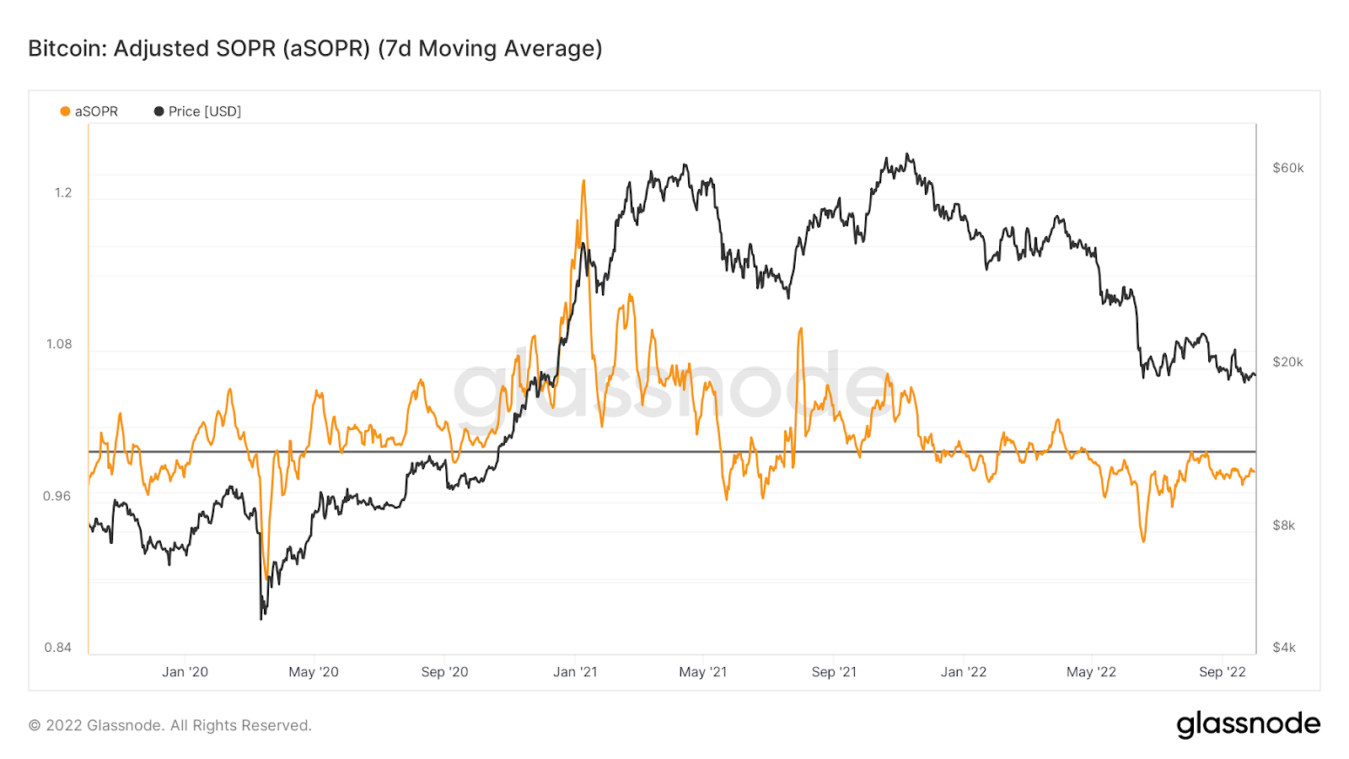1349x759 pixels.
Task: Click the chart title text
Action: point(315,49)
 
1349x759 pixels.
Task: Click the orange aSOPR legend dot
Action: point(65,111)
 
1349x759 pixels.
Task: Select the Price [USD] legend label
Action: point(205,111)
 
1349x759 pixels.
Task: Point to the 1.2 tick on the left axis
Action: point(63,192)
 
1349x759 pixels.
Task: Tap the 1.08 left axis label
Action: point(59,344)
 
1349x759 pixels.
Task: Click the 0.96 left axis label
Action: point(57,496)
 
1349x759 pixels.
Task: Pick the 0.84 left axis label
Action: point(57,648)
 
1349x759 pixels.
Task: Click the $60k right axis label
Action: point(1287,168)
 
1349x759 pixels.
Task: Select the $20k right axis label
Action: point(1287,362)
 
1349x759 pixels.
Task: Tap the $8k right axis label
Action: point(1283,525)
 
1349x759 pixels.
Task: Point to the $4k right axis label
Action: point(1283,648)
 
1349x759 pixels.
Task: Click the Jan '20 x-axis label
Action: point(185,672)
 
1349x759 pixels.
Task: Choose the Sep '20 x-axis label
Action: point(444,672)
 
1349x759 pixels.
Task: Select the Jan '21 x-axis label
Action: point(575,672)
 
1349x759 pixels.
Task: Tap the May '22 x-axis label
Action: point(1091,672)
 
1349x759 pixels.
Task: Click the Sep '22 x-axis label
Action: point(1222,672)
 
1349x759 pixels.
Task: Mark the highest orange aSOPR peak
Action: point(583,180)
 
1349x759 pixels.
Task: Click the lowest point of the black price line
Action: point(261,619)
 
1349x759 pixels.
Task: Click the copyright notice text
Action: point(170,725)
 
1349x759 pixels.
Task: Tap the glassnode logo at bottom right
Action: point(1248,724)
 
